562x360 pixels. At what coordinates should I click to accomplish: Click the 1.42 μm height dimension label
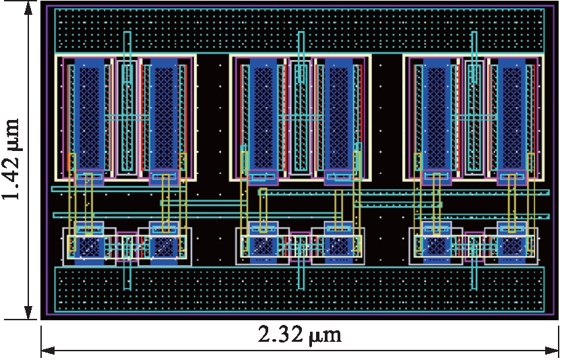point(12,159)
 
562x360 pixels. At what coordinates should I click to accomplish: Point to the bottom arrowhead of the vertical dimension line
point(28,314)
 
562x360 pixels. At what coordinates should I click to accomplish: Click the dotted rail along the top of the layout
point(299,30)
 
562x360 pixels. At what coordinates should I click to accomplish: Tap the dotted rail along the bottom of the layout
point(299,289)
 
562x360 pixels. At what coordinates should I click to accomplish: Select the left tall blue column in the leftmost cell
point(88,115)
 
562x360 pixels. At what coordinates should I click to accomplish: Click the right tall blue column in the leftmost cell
point(162,115)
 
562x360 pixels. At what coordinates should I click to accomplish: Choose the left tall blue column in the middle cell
point(263,115)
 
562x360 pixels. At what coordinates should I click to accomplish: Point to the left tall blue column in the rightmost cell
point(437,115)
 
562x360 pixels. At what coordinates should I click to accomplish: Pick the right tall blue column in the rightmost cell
point(510,115)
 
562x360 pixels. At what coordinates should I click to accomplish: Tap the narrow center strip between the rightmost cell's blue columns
point(474,115)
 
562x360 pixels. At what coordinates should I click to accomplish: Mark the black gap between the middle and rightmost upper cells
point(387,115)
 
